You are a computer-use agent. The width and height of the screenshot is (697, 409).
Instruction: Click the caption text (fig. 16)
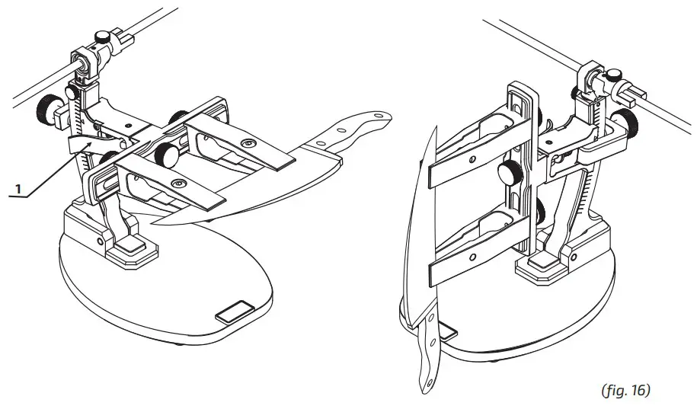625,390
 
